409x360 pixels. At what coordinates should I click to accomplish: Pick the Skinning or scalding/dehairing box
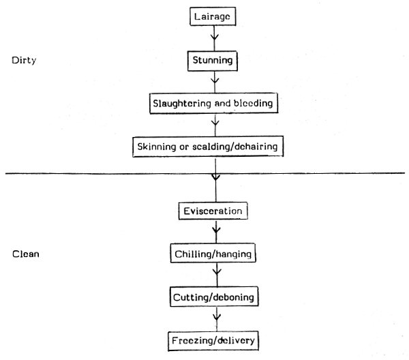pyautogui.click(x=215, y=146)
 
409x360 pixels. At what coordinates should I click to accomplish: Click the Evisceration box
pyautogui.click(x=213, y=210)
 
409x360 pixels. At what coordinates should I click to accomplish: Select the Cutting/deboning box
pyautogui.click(x=215, y=297)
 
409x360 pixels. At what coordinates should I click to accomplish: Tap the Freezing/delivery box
pyautogui.click(x=215, y=340)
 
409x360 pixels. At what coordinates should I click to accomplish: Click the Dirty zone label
pyautogui.click(x=23, y=60)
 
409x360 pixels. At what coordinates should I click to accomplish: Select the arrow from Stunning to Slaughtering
pyautogui.click(x=215, y=81)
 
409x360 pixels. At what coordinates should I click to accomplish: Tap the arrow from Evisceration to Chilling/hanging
pyautogui.click(x=215, y=232)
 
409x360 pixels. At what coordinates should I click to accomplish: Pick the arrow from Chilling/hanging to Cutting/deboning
pyautogui.click(x=215, y=275)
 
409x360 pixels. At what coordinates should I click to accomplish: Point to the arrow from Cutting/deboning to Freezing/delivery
pyautogui.click(x=215, y=318)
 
